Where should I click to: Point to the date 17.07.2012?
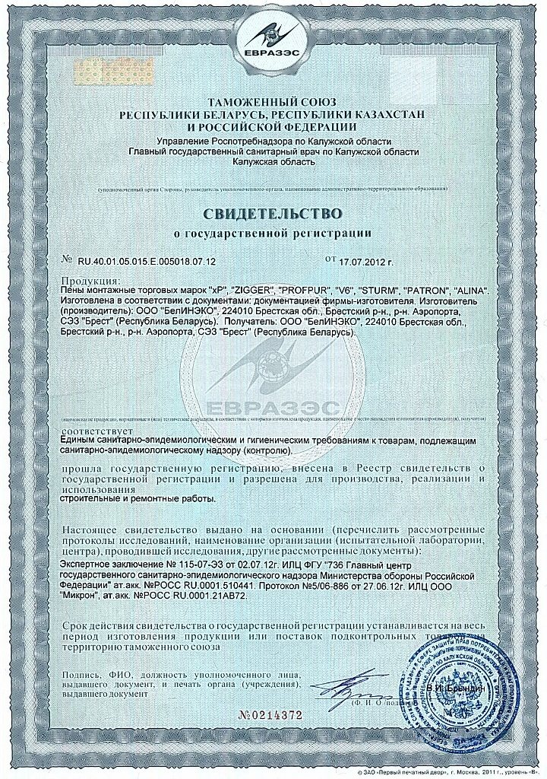[362, 261]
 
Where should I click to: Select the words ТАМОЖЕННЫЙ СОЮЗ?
[273, 102]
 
